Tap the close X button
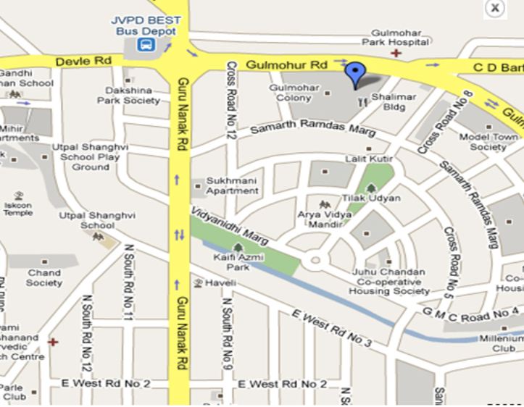click(495, 8)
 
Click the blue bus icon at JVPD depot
click(146, 46)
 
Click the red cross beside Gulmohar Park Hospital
click(396, 53)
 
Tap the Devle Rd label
click(84, 62)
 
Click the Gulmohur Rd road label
click(287, 65)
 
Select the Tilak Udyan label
click(377, 198)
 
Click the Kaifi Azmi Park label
click(238, 262)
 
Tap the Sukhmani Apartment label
click(232, 185)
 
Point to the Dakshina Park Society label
click(129, 96)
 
